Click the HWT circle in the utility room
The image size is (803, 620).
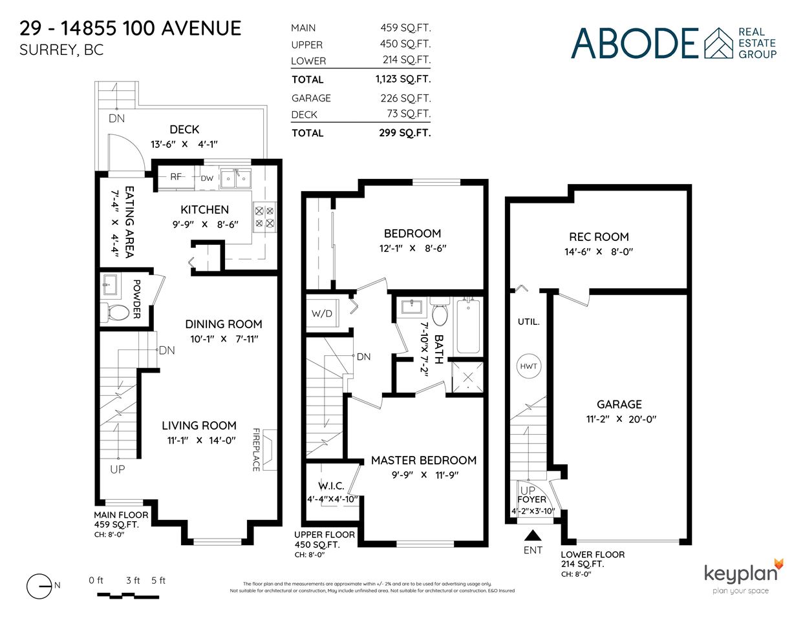tap(528, 366)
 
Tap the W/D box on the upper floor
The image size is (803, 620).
tap(322, 313)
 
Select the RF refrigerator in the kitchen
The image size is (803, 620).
tap(177, 177)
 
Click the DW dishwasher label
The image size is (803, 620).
tap(207, 178)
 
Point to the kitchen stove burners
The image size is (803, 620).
tap(264, 217)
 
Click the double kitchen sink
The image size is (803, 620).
tap(235, 179)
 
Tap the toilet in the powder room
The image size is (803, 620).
tap(114, 312)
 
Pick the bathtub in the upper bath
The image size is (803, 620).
tap(468, 327)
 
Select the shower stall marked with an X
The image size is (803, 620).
tap(468, 377)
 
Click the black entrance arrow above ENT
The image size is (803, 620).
tap(533, 535)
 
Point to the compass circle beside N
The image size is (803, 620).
tap(39, 586)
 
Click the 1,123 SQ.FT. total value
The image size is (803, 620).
tap(403, 79)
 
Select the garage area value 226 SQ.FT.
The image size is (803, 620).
tap(406, 98)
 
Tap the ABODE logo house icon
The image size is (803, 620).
tap(718, 43)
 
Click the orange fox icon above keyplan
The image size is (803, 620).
tap(778, 564)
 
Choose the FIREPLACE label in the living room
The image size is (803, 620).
tap(256, 449)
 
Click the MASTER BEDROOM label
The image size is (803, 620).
tap(423, 460)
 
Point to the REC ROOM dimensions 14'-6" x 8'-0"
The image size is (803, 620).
tap(599, 252)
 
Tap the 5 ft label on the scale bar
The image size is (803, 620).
tap(158, 581)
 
